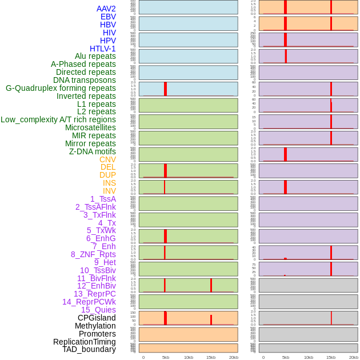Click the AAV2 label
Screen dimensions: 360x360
coord(106,9)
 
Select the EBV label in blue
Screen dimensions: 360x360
coord(108,17)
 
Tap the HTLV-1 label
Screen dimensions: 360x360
coord(103,49)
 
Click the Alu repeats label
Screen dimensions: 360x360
coord(95,56)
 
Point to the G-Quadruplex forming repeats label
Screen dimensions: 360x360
coord(61,88)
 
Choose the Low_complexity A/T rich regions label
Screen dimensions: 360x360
coord(58,119)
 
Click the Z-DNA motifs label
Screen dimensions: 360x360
coord(92,151)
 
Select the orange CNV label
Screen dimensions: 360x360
coord(107,159)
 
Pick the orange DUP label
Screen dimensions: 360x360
coord(107,175)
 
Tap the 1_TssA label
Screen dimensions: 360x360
coord(103,199)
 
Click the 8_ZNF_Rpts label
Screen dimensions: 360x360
coord(93,254)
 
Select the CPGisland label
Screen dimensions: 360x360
coord(97,318)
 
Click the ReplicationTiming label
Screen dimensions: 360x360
coord(84,342)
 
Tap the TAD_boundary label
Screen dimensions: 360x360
coord(89,349)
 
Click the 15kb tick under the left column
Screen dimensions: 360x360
coord(211,357)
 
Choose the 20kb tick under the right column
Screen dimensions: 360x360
coord(354,357)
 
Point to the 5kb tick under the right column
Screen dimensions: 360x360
coord(286,357)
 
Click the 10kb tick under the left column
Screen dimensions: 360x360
coord(189,357)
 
